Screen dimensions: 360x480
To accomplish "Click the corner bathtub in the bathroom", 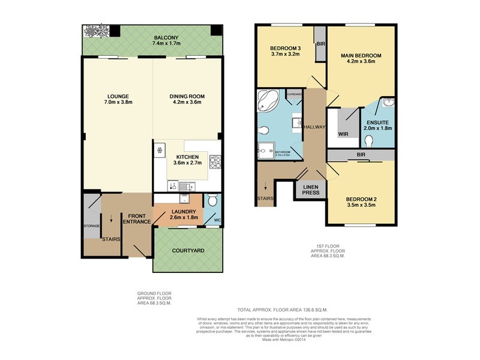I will tap(268, 101).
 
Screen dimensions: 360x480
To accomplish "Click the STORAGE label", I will tap(92, 226).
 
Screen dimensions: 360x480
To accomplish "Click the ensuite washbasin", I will tap(389, 103).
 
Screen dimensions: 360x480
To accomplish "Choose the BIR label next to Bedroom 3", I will tap(321, 44).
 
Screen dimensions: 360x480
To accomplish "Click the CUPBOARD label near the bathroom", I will tap(294, 95).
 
